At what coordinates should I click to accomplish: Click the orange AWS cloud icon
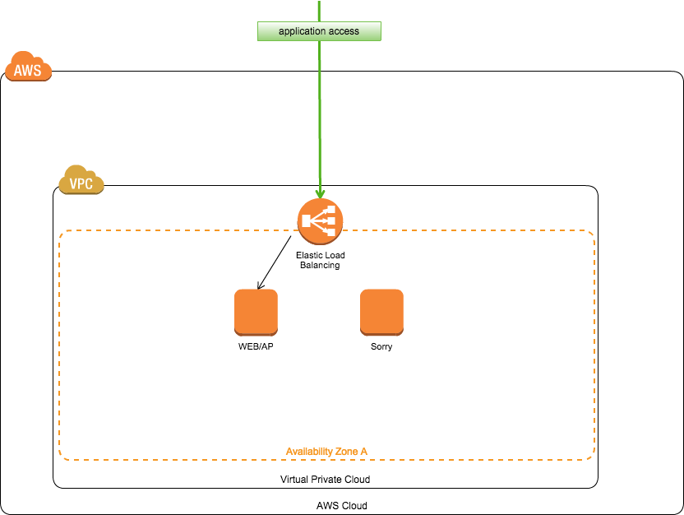[x=28, y=67]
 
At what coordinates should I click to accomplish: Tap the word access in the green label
[x=344, y=31]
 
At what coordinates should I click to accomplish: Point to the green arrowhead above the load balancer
[x=320, y=194]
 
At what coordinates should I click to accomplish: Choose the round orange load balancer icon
[x=320, y=221]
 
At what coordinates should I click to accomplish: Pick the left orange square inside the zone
[x=256, y=312]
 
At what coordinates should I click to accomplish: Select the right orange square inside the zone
[x=381, y=312]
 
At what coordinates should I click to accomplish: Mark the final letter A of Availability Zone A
[x=364, y=452]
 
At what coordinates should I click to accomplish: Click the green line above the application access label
[x=319, y=11]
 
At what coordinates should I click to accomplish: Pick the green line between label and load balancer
[x=320, y=115]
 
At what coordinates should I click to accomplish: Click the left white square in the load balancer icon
[x=307, y=221]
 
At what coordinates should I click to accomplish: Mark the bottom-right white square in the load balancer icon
[x=331, y=231]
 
